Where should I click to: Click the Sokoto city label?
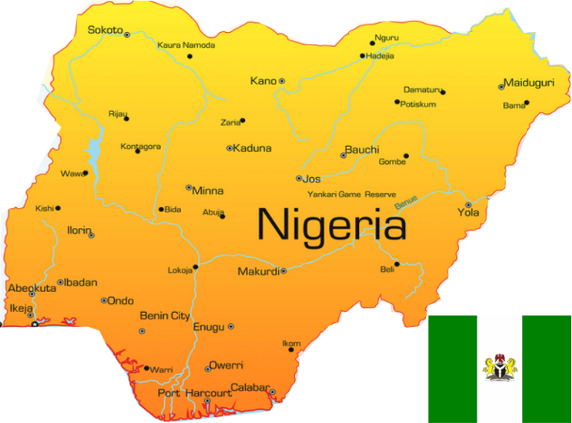(x=104, y=30)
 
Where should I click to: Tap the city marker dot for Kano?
(x=282, y=81)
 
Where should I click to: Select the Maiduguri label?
(x=529, y=83)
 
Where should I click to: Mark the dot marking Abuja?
(x=223, y=217)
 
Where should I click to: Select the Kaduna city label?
(x=252, y=148)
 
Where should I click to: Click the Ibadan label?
(x=81, y=282)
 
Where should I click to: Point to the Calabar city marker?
(x=272, y=392)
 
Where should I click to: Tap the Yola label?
(x=468, y=213)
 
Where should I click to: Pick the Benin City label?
(x=165, y=316)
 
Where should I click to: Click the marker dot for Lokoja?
(x=196, y=267)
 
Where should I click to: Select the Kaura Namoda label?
(x=186, y=45)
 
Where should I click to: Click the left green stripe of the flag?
(x=452, y=369)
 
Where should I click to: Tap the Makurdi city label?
(x=258, y=272)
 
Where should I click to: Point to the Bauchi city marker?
(x=343, y=156)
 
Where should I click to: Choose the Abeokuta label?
(x=32, y=288)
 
